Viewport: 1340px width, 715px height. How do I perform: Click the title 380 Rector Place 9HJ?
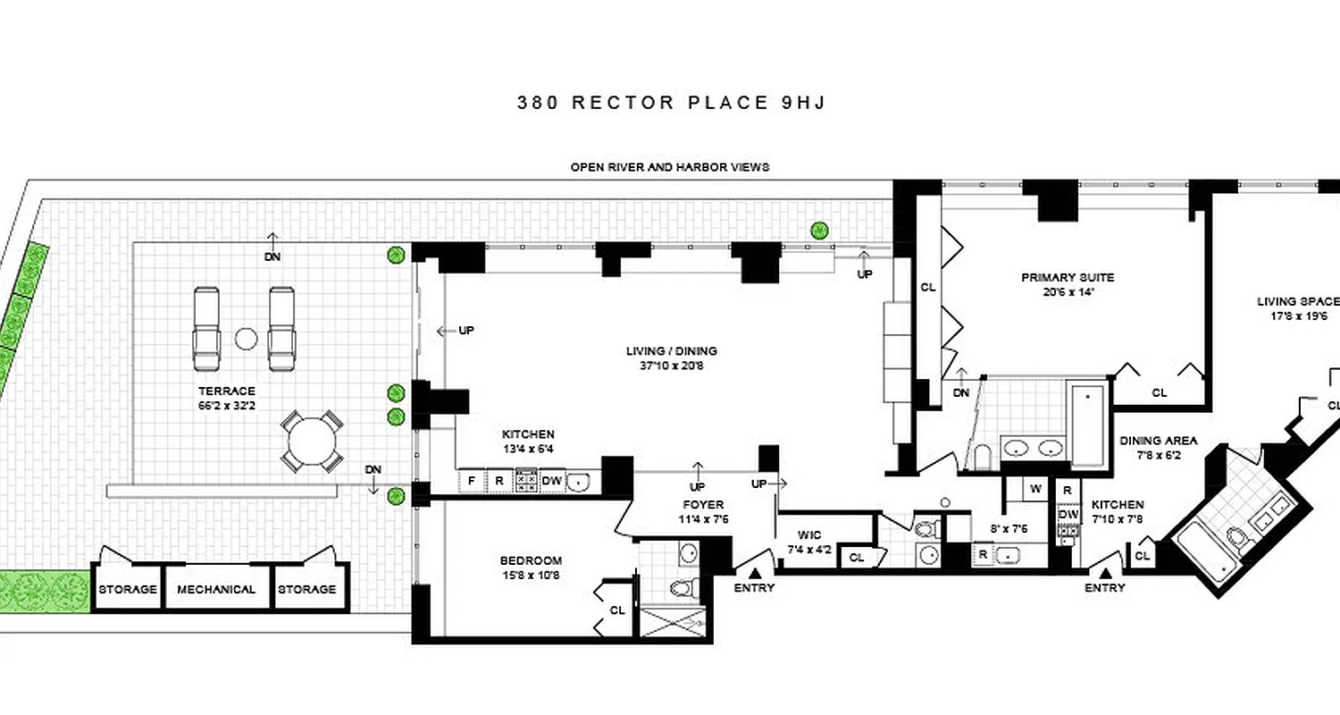[x=671, y=102]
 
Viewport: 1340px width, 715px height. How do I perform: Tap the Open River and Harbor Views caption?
[x=670, y=167]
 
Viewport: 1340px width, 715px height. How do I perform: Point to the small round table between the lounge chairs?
[x=245, y=339]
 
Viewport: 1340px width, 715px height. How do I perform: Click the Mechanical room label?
[x=216, y=589]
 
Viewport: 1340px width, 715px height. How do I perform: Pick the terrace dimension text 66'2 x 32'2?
[x=227, y=405]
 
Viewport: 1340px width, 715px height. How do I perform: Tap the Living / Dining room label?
[x=671, y=351]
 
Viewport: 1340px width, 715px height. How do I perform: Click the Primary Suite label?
[x=1068, y=277]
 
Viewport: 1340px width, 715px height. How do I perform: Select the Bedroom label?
[x=531, y=561]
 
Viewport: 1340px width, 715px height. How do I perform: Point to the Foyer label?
[x=702, y=505]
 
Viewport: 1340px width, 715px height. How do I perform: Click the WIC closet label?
[x=809, y=534]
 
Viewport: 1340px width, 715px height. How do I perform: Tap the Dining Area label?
[x=1159, y=441]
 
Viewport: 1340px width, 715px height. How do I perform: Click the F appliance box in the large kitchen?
[x=471, y=481]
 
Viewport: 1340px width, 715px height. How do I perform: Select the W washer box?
[x=1035, y=489]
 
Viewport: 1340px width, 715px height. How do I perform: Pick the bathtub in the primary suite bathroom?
[x=1088, y=425]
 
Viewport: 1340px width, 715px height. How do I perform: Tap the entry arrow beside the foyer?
[x=755, y=573]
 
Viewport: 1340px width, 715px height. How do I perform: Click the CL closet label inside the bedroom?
[x=616, y=610]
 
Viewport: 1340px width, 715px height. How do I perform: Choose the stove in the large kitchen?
[x=526, y=481]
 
